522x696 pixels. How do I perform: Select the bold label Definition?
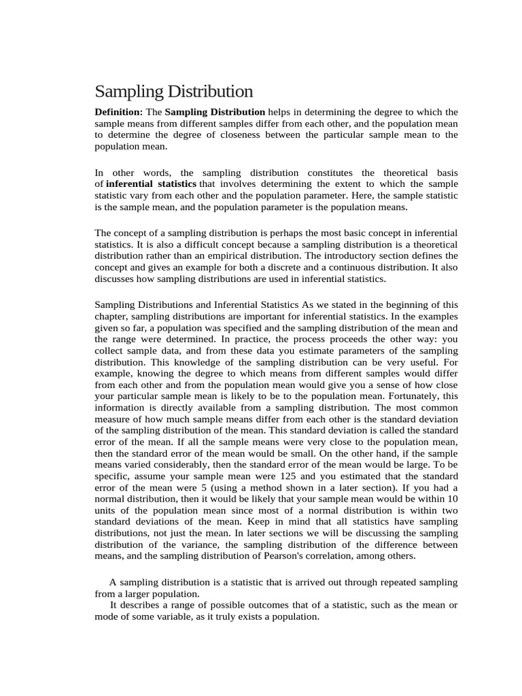(119, 112)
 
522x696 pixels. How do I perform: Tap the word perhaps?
(279, 232)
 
